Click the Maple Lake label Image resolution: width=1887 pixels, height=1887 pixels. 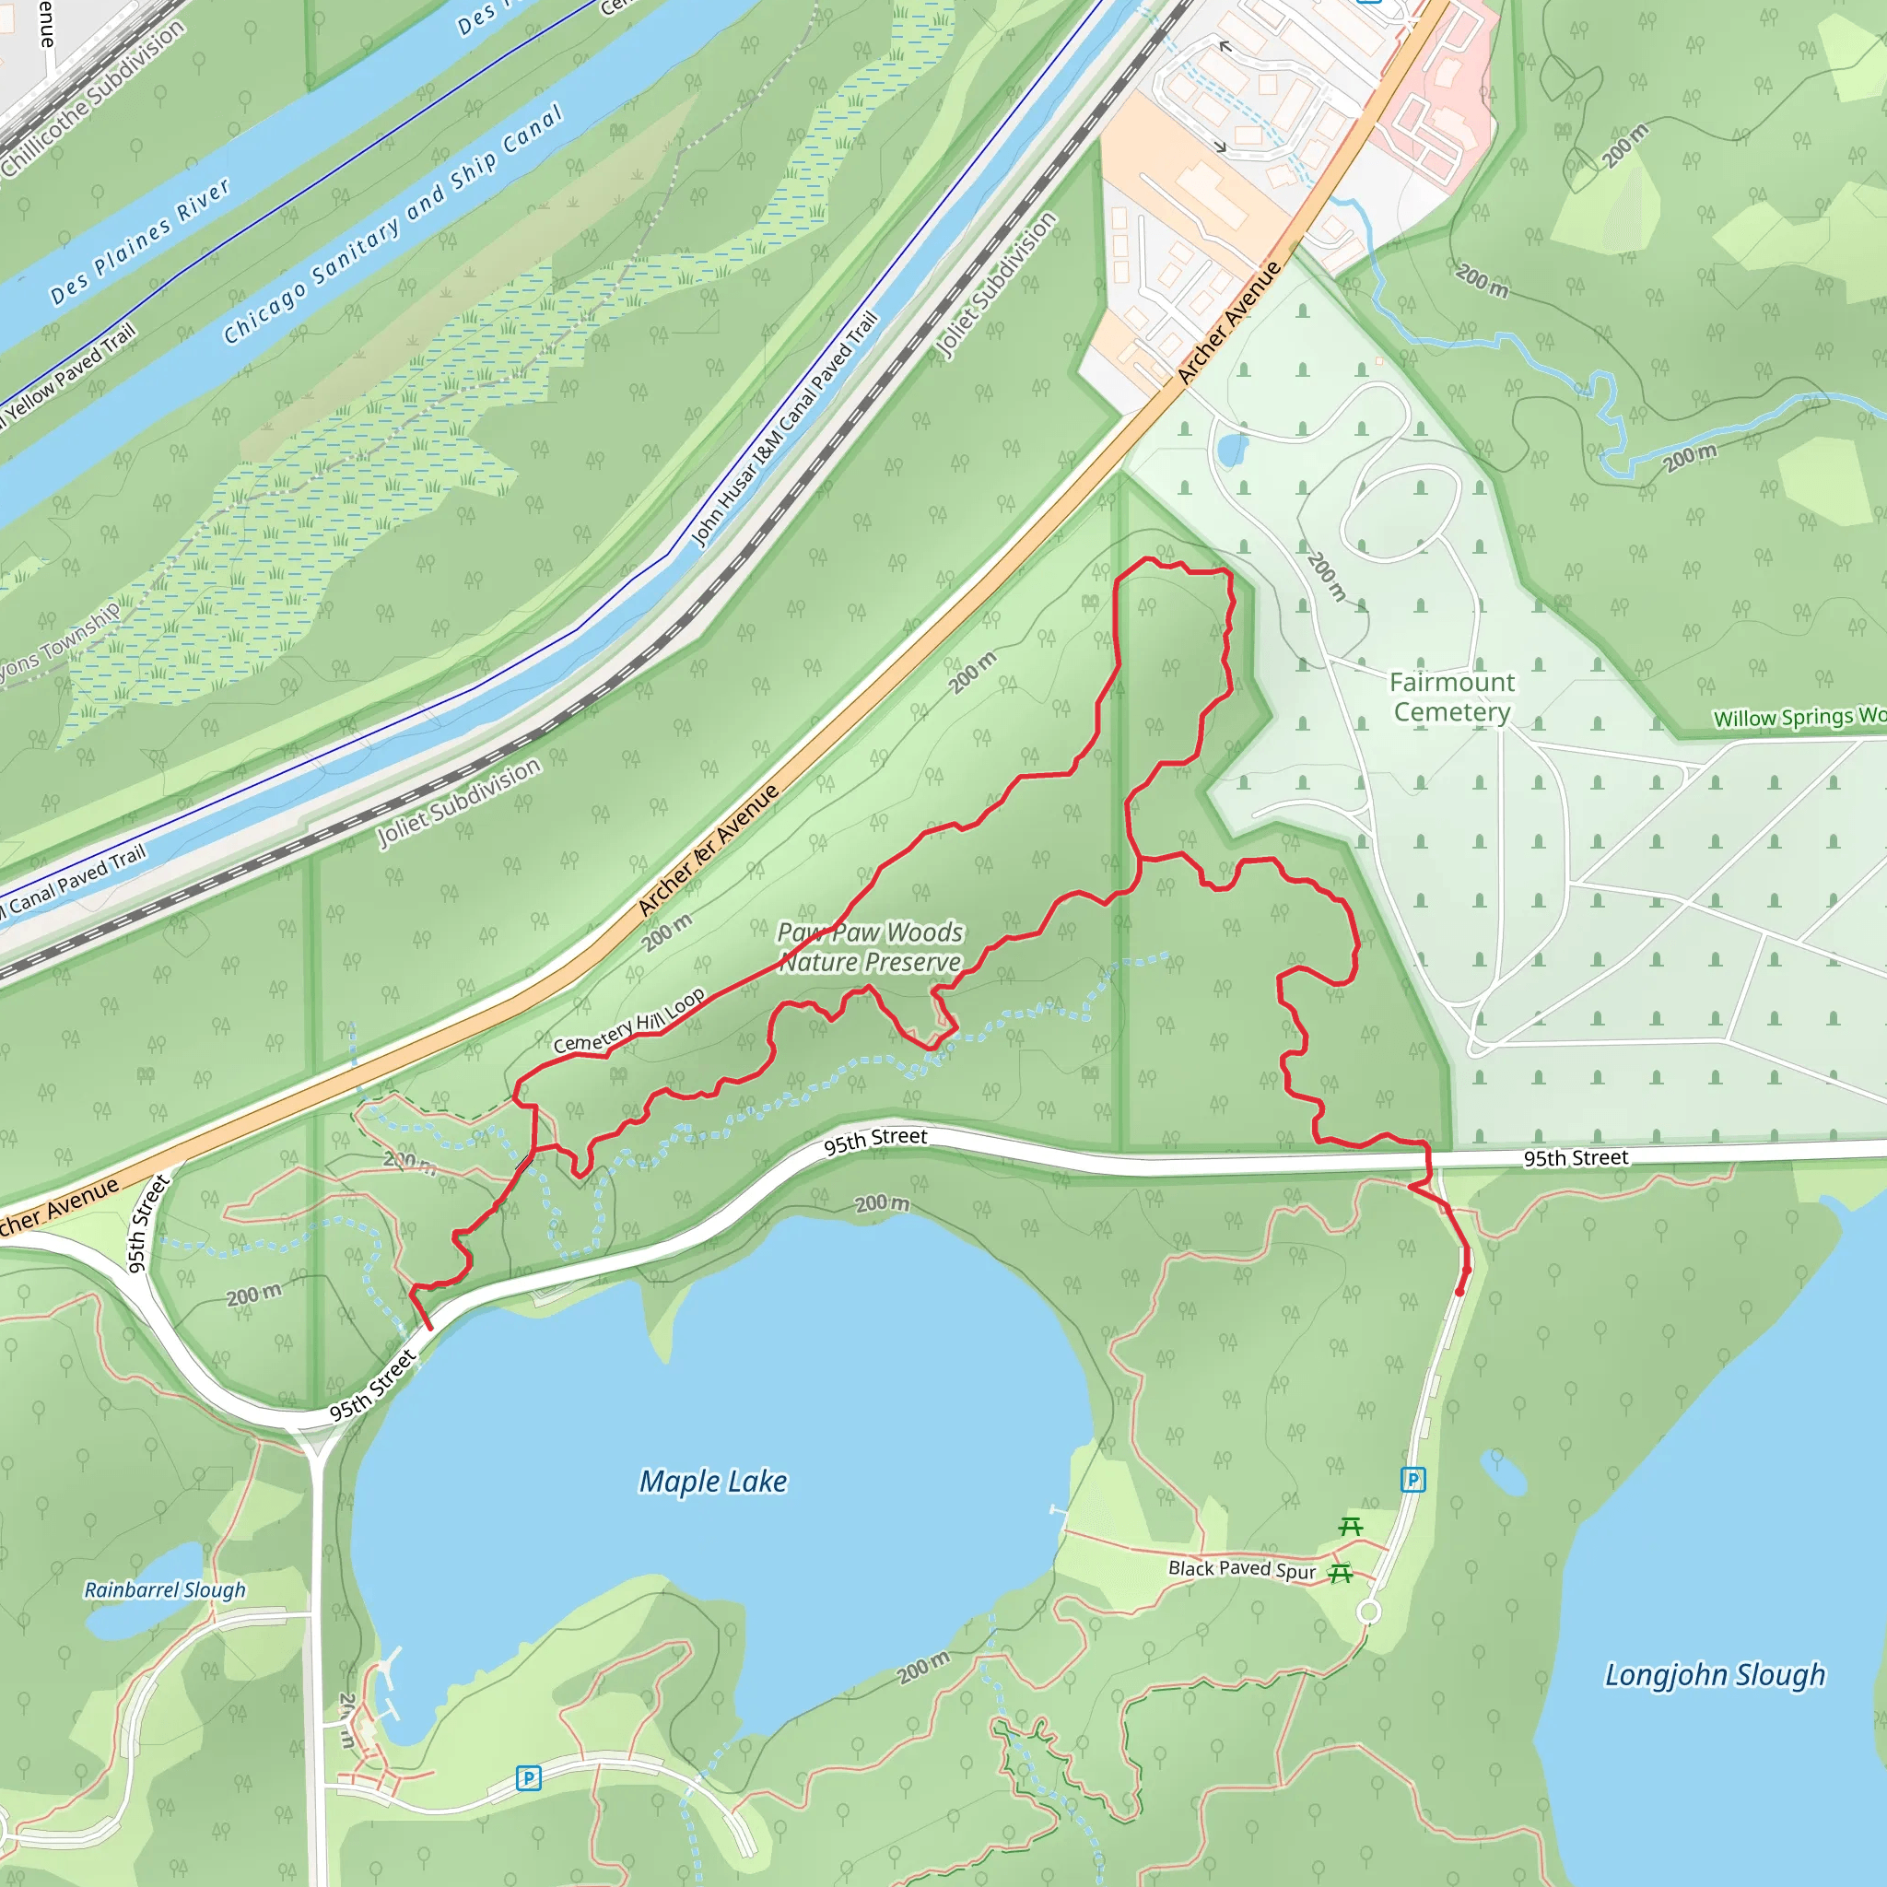pos(713,1482)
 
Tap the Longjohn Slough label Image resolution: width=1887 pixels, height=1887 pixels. pos(1714,1675)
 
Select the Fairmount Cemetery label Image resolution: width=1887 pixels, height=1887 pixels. pos(1451,697)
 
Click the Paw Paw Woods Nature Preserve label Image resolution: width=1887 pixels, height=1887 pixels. pos(869,947)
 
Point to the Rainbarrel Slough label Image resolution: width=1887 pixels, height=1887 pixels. pos(165,1590)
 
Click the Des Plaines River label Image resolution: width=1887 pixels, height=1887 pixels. pos(140,240)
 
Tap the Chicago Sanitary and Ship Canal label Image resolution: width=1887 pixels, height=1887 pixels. pos(393,225)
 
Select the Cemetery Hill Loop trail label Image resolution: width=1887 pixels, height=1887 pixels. pos(629,1021)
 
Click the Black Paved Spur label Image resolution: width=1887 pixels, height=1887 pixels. pos(1241,1568)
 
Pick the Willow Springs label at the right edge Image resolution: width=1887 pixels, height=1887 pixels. pos(1797,718)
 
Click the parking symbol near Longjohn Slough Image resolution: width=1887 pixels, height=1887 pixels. pos(1413,1480)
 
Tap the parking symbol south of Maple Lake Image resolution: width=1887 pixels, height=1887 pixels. pos(528,1777)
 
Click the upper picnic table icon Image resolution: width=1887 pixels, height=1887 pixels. pos(1351,1527)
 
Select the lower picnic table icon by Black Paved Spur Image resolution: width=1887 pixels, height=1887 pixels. pos(1341,1573)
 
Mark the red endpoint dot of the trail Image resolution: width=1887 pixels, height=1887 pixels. pos(1460,1292)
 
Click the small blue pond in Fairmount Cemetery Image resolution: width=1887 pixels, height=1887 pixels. pos(1232,451)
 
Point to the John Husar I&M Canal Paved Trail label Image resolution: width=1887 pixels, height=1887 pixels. pos(783,429)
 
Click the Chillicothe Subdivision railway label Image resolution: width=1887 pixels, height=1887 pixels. pos(93,98)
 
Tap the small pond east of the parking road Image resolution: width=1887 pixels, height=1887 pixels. pos(1503,1473)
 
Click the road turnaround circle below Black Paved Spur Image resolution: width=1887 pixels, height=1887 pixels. pos(1369,1612)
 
